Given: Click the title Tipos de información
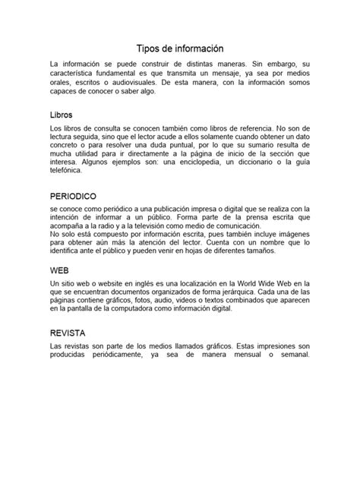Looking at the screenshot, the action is click(x=179, y=47).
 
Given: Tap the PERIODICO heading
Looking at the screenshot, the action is click(x=75, y=196).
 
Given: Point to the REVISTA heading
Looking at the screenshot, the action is click(x=68, y=333).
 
